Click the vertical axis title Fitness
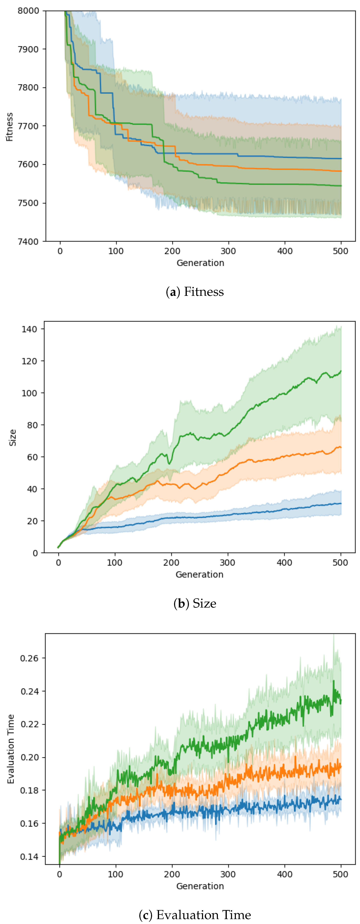(x=9, y=127)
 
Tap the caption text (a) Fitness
(x=195, y=292)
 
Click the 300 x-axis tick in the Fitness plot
(x=228, y=251)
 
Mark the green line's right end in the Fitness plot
(x=341, y=186)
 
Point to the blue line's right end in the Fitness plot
(x=341, y=159)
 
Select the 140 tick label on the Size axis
(x=29, y=329)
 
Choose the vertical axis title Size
(x=13, y=438)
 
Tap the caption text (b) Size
(x=195, y=604)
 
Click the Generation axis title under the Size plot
(x=199, y=575)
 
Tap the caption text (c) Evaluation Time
(x=195, y=915)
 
